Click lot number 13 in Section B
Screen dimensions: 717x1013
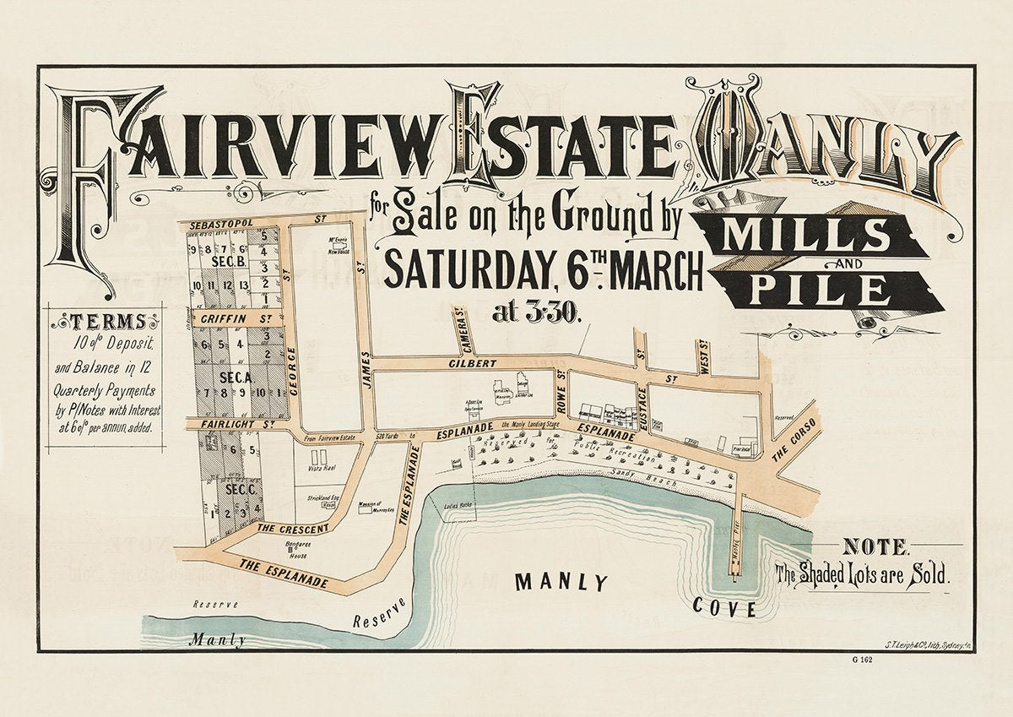[x=245, y=285]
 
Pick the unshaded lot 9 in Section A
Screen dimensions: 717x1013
[x=245, y=392]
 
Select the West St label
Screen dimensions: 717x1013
[x=702, y=353]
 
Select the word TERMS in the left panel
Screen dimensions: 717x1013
[x=106, y=322]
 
